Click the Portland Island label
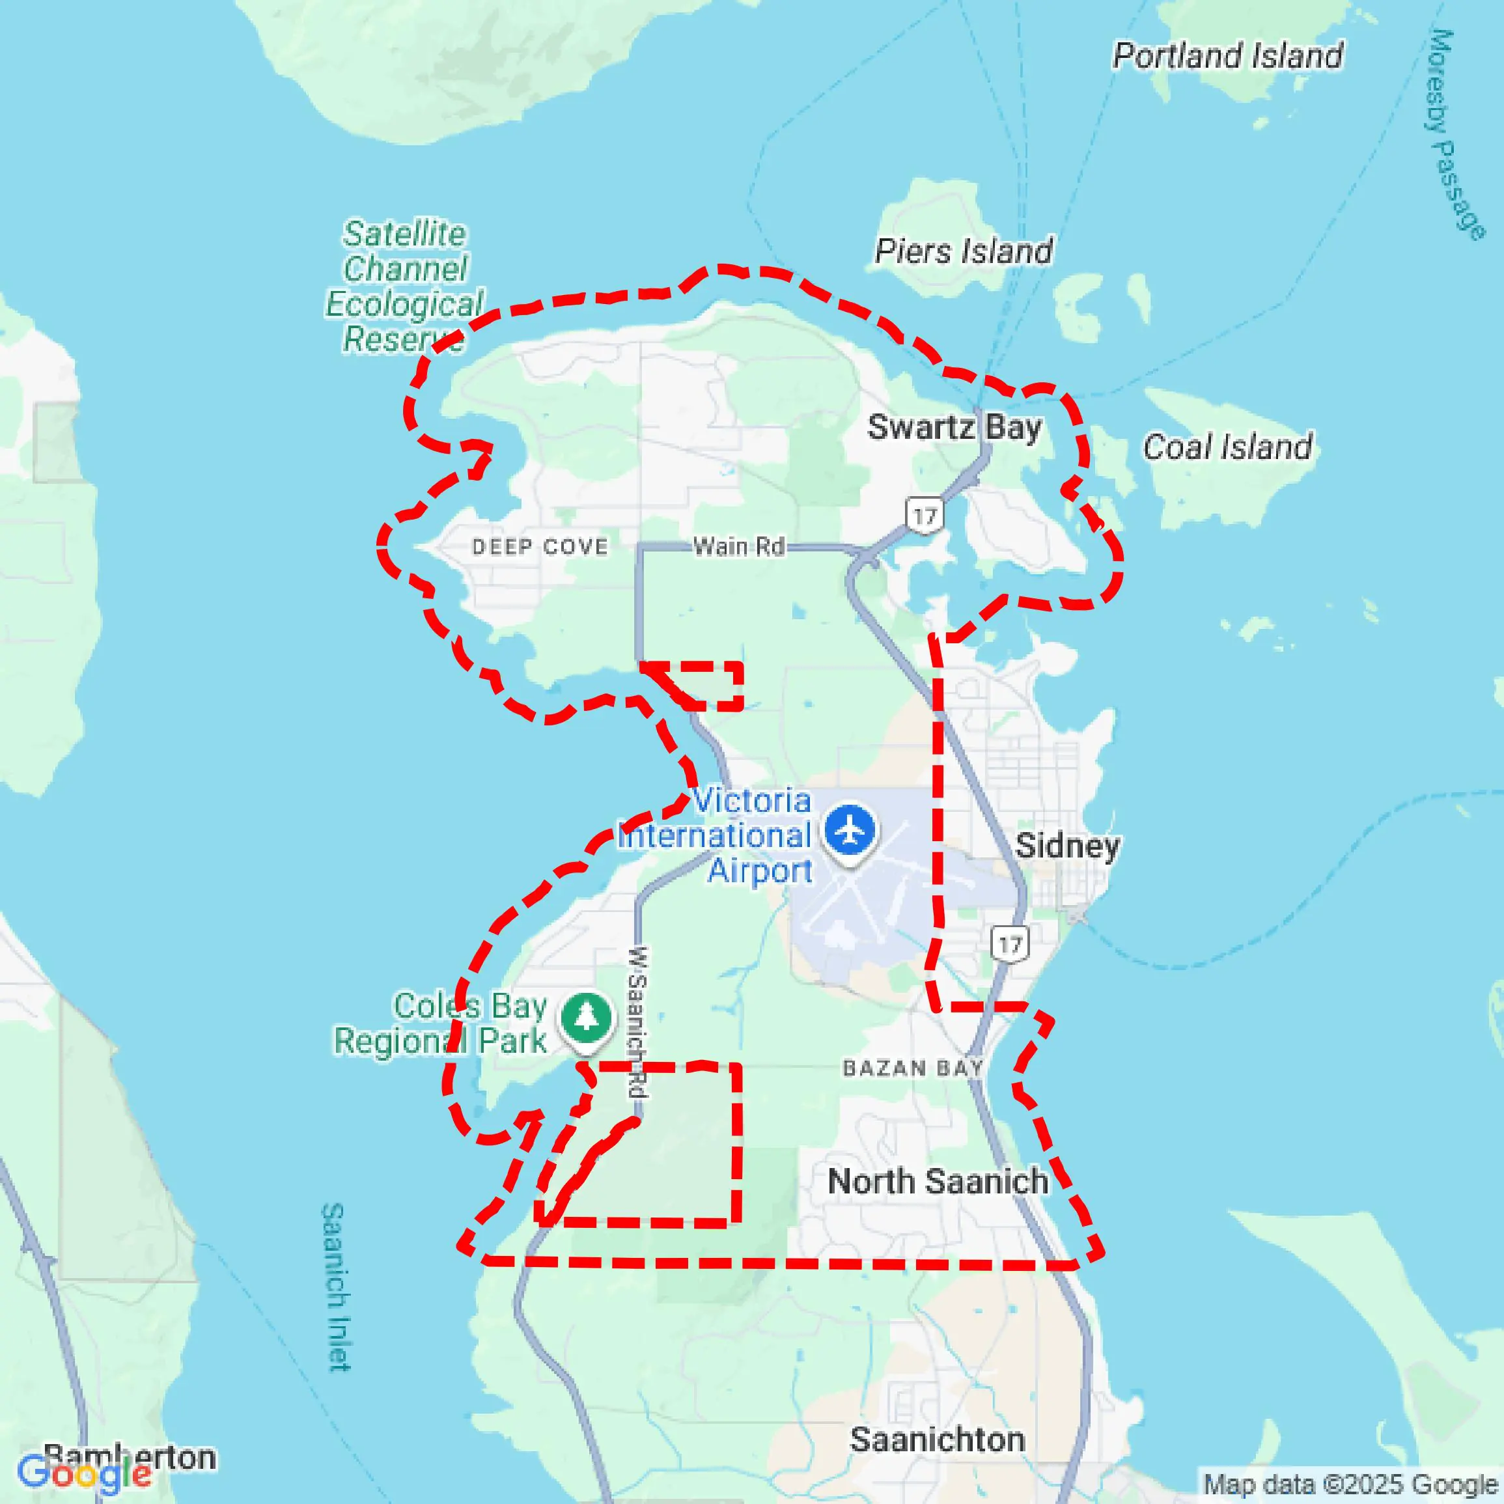(1228, 55)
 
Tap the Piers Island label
(963, 251)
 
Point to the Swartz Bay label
(954, 427)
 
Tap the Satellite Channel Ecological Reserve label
(404, 286)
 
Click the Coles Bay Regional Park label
(441, 1024)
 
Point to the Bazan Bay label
(912, 1067)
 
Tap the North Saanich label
(938, 1181)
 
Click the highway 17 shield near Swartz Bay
(924, 516)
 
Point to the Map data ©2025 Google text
(1352, 1485)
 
